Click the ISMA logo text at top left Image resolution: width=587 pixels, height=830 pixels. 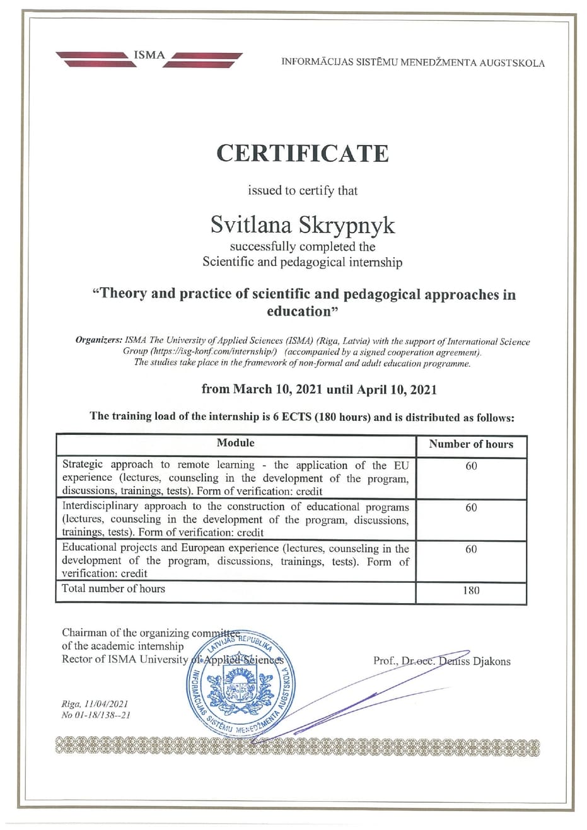pos(149,55)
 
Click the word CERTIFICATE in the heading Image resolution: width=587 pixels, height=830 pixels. pos(303,153)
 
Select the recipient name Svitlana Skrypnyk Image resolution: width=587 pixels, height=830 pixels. pos(303,224)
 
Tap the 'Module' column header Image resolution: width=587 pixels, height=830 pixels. pos(235,443)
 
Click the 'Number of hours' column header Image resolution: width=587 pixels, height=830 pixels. pos(471,444)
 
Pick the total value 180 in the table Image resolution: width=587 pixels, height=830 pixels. pos(471,591)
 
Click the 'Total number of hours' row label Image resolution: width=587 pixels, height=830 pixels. pos(113,589)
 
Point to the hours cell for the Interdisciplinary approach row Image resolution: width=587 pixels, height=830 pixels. pos(471,507)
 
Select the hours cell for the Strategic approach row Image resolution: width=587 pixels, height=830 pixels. pos(471,466)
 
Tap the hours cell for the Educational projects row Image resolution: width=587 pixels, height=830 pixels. pos(471,549)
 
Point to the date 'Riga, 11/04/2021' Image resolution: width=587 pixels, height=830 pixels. pos(95,704)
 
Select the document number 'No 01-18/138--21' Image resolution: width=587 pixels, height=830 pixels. pos(96,715)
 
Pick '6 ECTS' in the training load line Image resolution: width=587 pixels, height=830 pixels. pos(293,417)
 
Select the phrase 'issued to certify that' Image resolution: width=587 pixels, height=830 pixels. pos(303,190)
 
